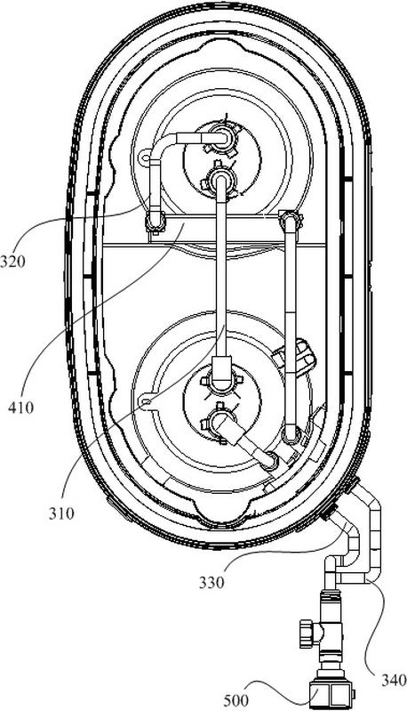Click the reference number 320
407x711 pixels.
point(13,262)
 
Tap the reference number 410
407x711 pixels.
point(20,408)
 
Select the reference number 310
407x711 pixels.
point(61,513)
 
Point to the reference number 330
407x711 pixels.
point(211,582)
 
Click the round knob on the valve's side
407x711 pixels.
point(307,630)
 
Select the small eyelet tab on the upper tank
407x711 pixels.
point(144,158)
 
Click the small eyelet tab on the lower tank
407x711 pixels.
point(146,402)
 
